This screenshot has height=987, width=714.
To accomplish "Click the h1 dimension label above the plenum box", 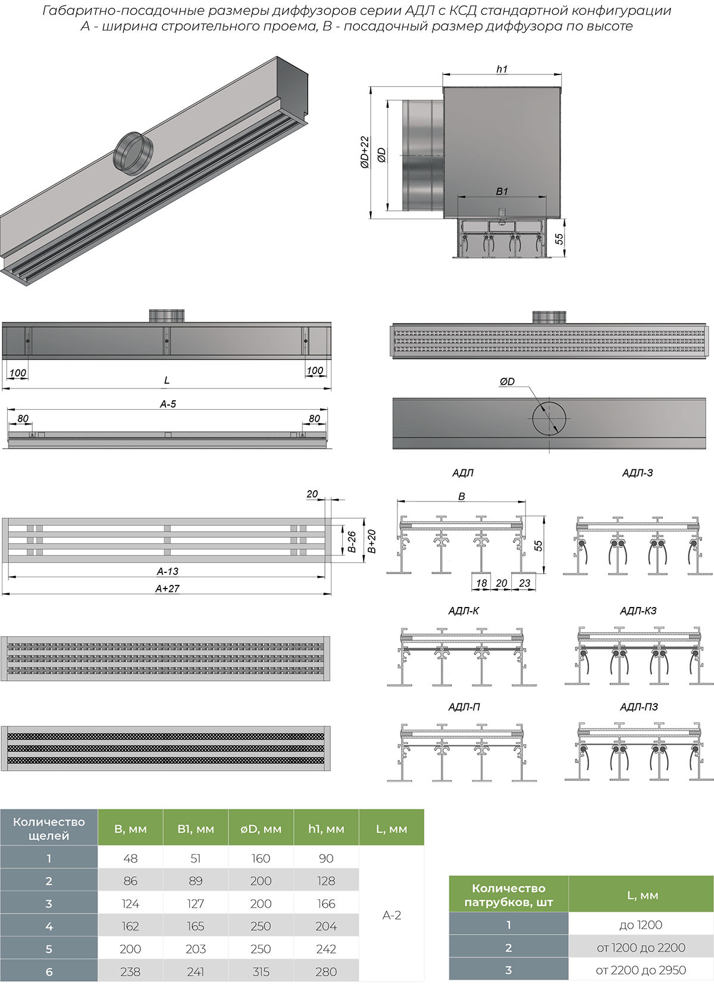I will point(502,69).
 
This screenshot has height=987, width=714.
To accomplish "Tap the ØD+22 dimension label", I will point(365,152).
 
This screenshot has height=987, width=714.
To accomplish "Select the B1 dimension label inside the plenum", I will point(502,191).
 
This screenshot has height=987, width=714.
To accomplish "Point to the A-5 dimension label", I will point(168,404).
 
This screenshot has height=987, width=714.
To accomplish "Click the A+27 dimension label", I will point(167,589).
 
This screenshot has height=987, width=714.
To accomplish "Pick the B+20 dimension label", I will point(372,541).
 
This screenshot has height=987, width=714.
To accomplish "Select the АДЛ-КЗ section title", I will point(638,611).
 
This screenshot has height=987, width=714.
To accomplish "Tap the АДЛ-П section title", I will point(464,707).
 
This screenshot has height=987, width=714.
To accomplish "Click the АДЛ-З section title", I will point(637,473).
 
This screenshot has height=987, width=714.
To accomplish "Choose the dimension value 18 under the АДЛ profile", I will point(481,583).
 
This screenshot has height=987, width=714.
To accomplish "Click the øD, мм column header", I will point(261,829).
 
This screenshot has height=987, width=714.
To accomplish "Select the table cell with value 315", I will point(261,972).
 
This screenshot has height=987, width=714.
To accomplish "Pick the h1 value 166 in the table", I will point(326,904).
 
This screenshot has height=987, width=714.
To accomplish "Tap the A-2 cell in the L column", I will point(392,915).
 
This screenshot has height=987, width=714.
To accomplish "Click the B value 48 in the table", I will point(130,858).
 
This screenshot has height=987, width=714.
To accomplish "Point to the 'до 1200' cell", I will point(640,925).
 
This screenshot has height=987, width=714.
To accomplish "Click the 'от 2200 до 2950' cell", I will point(640,970).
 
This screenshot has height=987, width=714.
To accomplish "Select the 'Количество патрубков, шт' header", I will point(509,895).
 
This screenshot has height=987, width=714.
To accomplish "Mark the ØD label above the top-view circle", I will point(507,382).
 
